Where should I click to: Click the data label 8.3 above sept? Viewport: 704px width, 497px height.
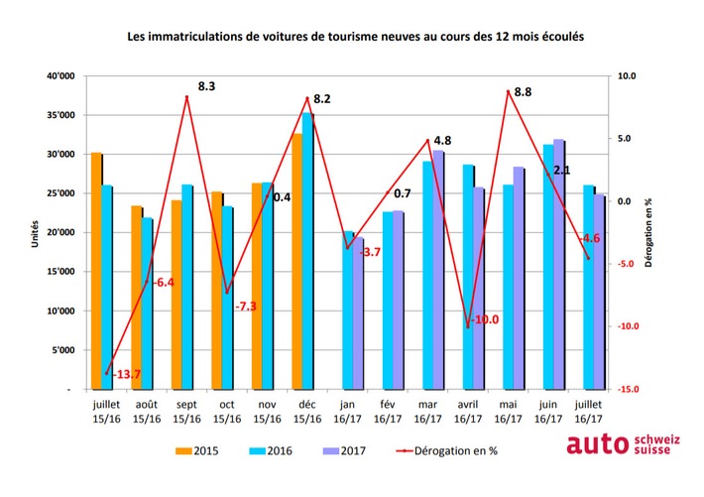click(207, 87)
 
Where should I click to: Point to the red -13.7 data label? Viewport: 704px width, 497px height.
click(126, 374)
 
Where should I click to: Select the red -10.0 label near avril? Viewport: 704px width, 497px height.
click(485, 319)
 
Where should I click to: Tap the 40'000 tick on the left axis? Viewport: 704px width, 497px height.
click(59, 76)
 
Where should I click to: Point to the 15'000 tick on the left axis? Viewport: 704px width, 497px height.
click(59, 272)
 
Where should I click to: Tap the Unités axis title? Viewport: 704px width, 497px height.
click(34, 233)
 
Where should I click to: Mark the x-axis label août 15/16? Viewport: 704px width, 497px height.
click(146, 413)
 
